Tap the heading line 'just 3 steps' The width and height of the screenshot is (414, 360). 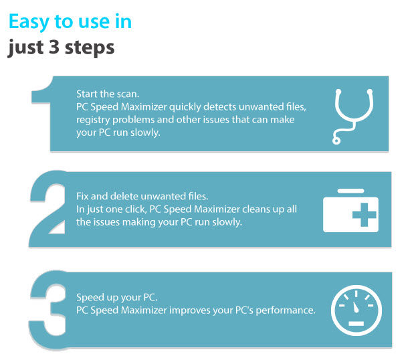tap(61, 48)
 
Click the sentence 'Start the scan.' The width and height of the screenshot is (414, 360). tap(106, 95)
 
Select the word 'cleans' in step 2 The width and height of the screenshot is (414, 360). tap(238, 209)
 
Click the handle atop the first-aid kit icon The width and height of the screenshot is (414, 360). tap(350, 193)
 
